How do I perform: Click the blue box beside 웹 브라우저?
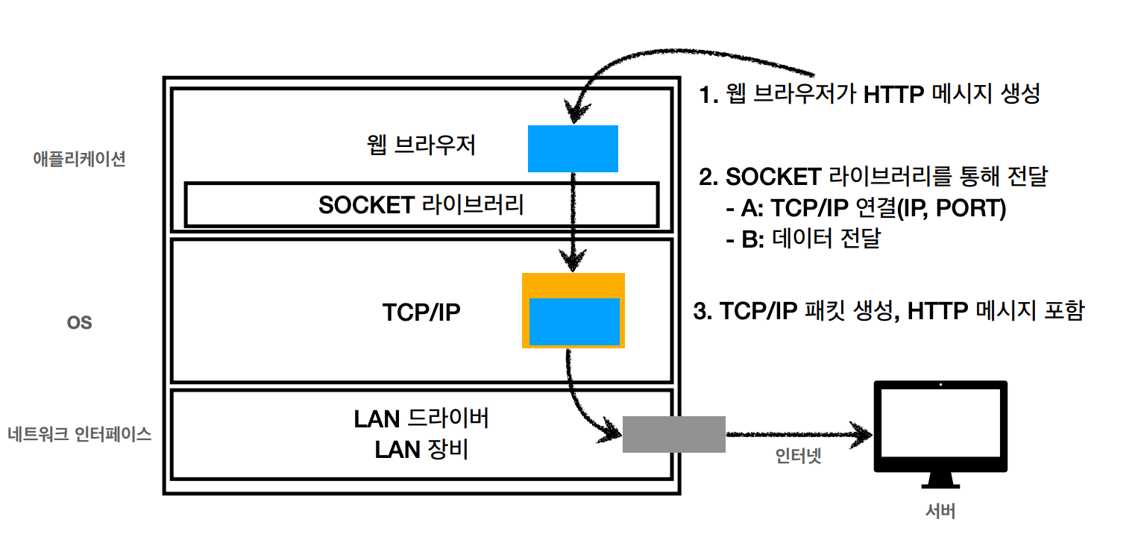coord(573,148)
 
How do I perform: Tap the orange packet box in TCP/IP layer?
coord(573,281)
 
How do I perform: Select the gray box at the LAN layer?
coord(673,434)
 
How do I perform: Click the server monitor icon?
coord(940,433)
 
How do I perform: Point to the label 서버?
coord(940,512)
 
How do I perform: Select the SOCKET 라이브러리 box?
coord(421,204)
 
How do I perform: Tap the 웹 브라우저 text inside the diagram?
coord(421,144)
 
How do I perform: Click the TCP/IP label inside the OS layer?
coord(421,312)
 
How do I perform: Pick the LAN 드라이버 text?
coord(421,419)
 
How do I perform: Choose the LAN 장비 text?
coord(421,450)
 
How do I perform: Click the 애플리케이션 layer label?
coord(79,159)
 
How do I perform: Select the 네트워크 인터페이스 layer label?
coord(79,434)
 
